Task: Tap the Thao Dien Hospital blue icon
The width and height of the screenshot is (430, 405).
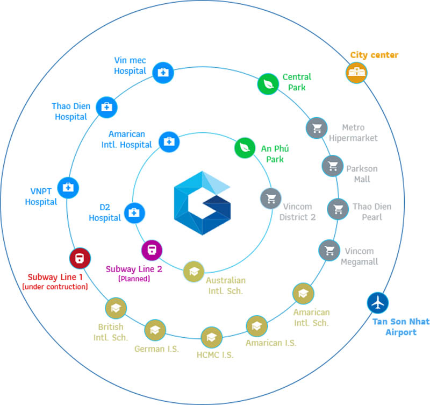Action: click(x=107, y=107)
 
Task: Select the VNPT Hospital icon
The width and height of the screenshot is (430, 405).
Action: click(x=68, y=187)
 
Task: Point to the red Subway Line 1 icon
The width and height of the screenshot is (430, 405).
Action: click(x=80, y=258)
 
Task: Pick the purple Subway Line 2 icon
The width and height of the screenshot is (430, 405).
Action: click(x=152, y=250)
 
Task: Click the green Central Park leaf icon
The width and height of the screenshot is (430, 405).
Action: click(x=267, y=83)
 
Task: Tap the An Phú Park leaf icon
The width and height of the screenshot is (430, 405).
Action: click(x=245, y=147)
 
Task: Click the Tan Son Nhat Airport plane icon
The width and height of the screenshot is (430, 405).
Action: click(x=378, y=302)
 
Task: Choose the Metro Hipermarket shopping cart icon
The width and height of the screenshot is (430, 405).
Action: click(x=317, y=128)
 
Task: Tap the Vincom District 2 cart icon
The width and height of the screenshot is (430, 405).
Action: click(x=270, y=198)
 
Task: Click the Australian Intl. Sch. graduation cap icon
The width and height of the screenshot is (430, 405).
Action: click(x=193, y=272)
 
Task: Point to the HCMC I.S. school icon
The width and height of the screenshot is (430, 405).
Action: click(x=211, y=338)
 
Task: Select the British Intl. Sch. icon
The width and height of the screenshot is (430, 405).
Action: click(x=116, y=308)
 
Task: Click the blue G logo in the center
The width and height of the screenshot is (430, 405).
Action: click(x=202, y=203)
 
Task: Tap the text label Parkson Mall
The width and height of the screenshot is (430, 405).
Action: click(x=361, y=174)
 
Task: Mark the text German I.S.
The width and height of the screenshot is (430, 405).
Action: click(x=156, y=349)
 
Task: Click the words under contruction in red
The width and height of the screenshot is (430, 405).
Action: click(x=55, y=287)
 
